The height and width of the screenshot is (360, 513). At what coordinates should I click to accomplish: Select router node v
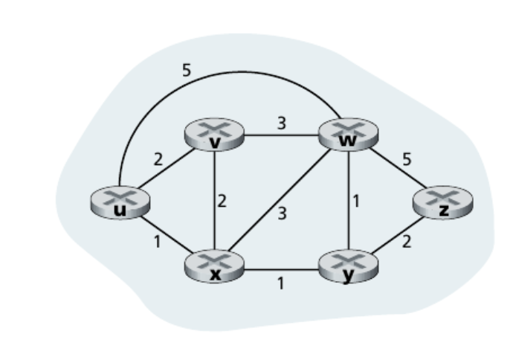215,136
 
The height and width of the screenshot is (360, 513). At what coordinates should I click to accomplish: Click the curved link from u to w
223,73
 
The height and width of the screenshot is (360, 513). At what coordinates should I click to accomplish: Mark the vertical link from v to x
215,201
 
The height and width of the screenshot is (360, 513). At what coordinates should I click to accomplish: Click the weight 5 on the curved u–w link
186,71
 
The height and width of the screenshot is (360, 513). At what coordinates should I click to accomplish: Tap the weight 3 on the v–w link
281,123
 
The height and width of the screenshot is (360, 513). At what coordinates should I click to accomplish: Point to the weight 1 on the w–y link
358,202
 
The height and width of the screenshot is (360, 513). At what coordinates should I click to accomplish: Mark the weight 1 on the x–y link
280,283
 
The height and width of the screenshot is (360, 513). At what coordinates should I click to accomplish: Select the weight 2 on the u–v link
158,158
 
